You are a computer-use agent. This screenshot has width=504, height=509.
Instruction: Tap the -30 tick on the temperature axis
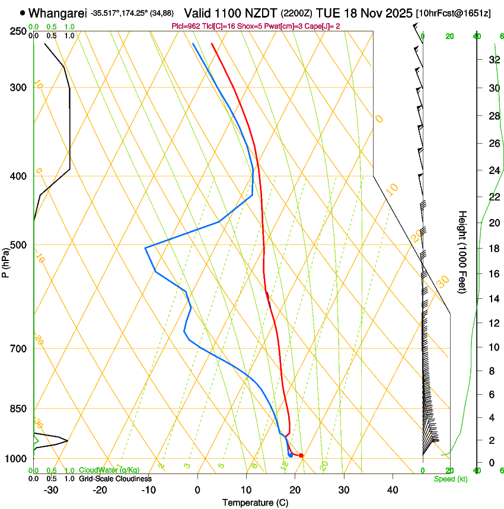[51, 490]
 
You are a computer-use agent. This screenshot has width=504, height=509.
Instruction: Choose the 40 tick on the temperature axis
[392, 490]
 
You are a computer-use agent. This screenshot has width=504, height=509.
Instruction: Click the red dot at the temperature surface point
[301, 455]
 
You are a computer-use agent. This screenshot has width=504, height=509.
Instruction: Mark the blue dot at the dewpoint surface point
[290, 455]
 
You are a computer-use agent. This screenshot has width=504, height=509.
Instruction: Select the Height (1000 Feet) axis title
[462, 252]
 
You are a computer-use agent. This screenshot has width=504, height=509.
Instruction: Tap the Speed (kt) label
[450, 479]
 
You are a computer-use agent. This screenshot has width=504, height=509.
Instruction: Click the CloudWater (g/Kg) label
[109, 471]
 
